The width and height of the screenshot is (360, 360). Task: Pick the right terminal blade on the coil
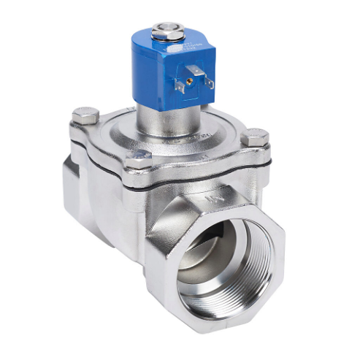pos(209,81)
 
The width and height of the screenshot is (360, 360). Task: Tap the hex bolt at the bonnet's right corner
pos(255,137)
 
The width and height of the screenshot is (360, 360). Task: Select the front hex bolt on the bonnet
pos(138,160)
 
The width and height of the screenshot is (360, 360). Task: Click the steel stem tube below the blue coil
pos(156,117)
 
